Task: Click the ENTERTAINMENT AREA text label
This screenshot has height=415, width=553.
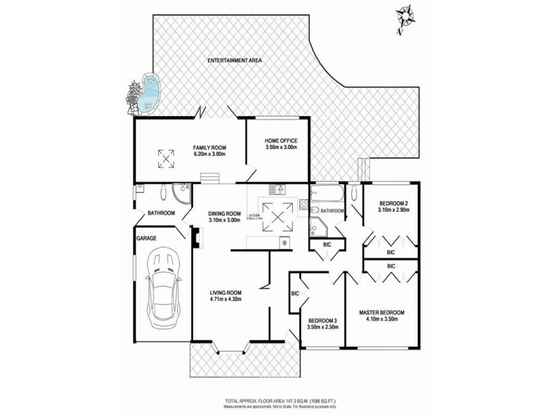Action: pos(235,61)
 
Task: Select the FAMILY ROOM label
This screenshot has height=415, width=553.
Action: pos(209,147)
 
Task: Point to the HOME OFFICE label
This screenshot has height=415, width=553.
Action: pos(281,140)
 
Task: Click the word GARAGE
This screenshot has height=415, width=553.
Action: pos(146,238)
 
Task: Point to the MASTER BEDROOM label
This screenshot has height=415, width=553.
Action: pos(381,313)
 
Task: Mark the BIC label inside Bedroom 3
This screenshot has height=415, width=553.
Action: pos(295,294)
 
